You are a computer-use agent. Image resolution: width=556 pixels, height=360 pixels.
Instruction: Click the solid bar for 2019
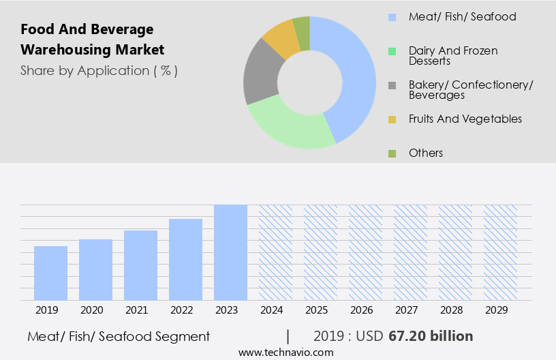50,273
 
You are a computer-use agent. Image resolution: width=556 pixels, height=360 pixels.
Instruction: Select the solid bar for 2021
140,265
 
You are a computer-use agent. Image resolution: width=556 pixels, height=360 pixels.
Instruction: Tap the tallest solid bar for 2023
230,252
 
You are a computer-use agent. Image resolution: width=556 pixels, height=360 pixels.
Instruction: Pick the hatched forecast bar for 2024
275,252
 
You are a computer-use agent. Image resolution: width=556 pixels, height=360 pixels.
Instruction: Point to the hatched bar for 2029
500,252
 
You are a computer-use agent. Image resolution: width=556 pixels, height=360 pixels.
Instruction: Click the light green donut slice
290,127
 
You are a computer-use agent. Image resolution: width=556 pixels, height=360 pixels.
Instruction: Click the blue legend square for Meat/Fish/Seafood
392,17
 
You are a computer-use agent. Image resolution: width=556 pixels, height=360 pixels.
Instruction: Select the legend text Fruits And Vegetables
465,119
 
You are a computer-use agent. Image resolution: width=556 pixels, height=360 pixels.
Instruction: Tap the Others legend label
425,153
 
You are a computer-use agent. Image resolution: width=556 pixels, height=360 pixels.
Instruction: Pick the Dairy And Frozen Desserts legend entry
452,56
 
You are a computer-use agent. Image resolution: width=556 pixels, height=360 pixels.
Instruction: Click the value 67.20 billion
431,336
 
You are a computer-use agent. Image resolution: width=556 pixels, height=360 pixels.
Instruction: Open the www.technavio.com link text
285,352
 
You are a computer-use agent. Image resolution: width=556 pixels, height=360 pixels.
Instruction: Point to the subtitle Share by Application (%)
99,71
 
